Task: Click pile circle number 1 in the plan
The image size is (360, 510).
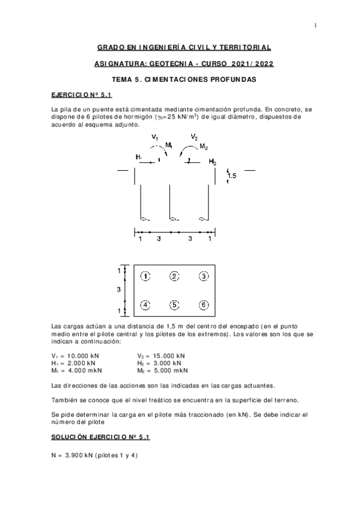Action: pos(145,276)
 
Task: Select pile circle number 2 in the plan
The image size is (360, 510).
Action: pos(174,276)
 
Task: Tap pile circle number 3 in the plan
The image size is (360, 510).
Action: pos(204,276)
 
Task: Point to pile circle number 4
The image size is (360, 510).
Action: pos(145,305)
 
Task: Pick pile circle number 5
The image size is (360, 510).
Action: pos(174,305)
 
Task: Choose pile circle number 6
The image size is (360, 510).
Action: pos(204,305)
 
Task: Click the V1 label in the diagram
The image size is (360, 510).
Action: pos(155,138)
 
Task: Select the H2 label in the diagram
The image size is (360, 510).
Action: pos(212,162)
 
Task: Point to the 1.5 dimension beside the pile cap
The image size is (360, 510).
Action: pos(232,176)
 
